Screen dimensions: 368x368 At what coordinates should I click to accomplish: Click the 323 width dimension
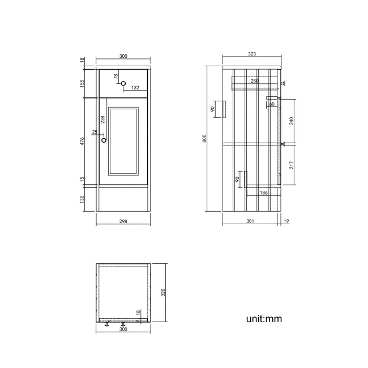click(x=252, y=54)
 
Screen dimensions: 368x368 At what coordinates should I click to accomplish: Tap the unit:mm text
click(x=263, y=319)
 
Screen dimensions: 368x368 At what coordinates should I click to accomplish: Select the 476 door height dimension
click(x=82, y=142)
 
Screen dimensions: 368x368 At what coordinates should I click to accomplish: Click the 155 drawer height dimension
click(x=82, y=83)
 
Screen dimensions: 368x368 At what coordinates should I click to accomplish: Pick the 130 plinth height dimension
click(x=82, y=199)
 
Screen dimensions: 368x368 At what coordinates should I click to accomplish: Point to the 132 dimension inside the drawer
click(x=135, y=88)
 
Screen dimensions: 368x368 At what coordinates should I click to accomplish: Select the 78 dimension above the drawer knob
click(x=115, y=76)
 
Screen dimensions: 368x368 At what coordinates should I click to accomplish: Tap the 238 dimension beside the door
click(x=102, y=119)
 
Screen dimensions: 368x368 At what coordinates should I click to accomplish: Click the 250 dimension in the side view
click(x=255, y=81)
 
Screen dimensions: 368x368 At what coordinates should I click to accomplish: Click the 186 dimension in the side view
click(x=263, y=193)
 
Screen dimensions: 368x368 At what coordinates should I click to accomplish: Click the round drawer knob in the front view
click(x=123, y=84)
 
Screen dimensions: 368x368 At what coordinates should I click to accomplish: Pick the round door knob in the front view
click(x=103, y=139)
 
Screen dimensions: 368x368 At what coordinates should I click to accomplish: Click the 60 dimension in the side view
click(x=272, y=104)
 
